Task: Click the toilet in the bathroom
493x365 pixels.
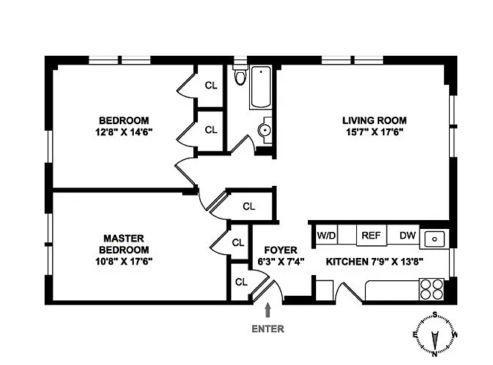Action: tap(240, 75)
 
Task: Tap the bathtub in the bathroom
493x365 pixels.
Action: tap(261, 88)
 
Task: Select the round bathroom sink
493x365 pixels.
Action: tap(265, 130)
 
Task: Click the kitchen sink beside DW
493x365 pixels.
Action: tap(434, 239)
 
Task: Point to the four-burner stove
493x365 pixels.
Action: tap(431, 289)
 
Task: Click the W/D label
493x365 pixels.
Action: tap(326, 235)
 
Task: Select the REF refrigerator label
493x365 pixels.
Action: tap(371, 235)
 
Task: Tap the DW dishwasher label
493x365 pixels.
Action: tap(407, 235)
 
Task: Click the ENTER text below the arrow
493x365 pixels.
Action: tap(268, 329)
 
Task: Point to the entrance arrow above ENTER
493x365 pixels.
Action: tap(268, 310)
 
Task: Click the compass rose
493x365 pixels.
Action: tap(435, 334)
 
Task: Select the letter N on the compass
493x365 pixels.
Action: tap(435, 354)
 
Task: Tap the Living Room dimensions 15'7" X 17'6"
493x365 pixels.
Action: tap(375, 132)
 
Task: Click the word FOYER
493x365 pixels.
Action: tap(281, 251)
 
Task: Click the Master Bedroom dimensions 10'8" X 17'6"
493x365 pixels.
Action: tap(124, 261)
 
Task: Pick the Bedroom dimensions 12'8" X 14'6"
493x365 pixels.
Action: tap(124, 132)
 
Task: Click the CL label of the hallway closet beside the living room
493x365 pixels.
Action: tap(249, 207)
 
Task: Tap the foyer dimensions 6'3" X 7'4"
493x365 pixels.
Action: tap(281, 262)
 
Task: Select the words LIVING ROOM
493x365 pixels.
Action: tap(375, 120)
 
